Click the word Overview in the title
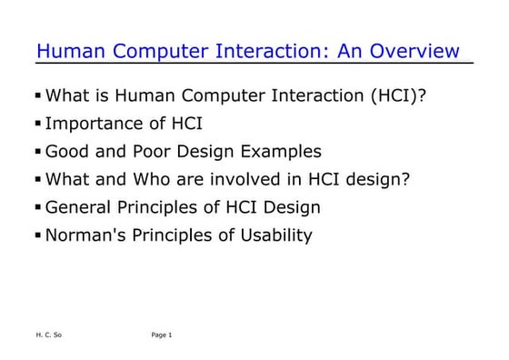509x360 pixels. (x=422, y=51)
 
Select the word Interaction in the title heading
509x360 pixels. (x=274, y=51)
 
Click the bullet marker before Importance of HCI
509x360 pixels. (x=38, y=123)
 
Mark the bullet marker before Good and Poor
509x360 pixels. (x=38, y=151)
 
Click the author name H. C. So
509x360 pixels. (x=48, y=335)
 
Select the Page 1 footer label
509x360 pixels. (x=162, y=335)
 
